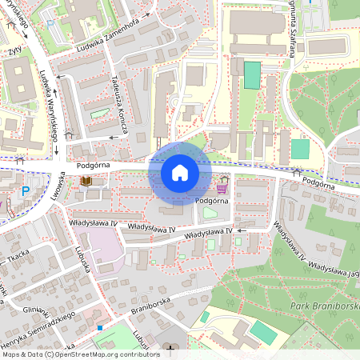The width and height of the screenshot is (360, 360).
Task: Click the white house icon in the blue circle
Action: (x=180, y=173)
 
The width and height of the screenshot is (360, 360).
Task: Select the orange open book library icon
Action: (x=86, y=182)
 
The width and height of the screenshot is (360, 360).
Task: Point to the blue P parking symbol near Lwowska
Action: (x=26, y=191)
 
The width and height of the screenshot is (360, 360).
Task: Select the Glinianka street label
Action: (x=37, y=312)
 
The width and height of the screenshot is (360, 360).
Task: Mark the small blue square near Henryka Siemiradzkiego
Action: (x=100, y=327)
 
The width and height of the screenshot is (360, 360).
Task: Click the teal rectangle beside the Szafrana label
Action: (x=252, y=75)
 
